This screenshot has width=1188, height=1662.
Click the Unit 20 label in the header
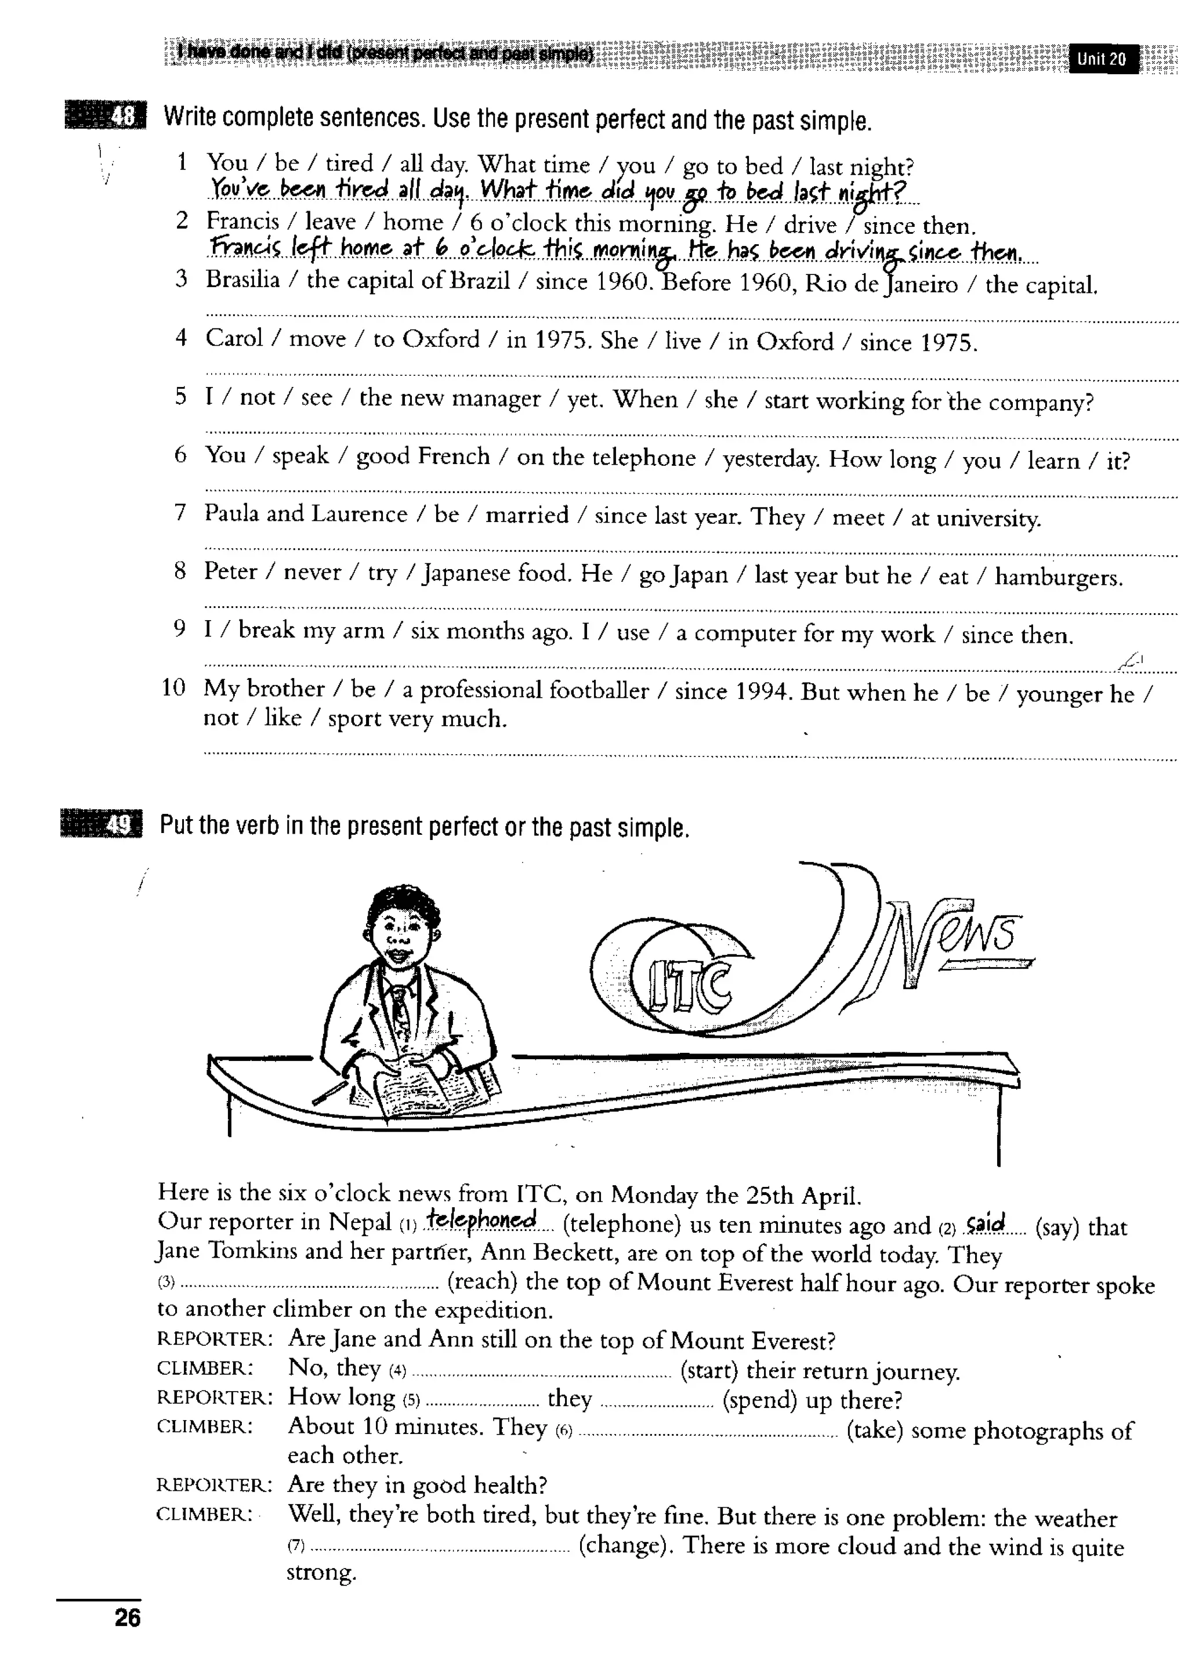point(1102,59)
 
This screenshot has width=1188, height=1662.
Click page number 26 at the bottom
point(127,1617)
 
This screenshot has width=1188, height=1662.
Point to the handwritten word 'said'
point(986,1223)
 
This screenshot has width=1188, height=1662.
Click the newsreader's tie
point(401,1009)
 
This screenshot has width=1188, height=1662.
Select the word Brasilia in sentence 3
point(243,280)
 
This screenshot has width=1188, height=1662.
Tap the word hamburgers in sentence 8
point(1058,577)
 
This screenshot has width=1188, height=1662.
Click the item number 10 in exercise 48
point(173,687)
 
